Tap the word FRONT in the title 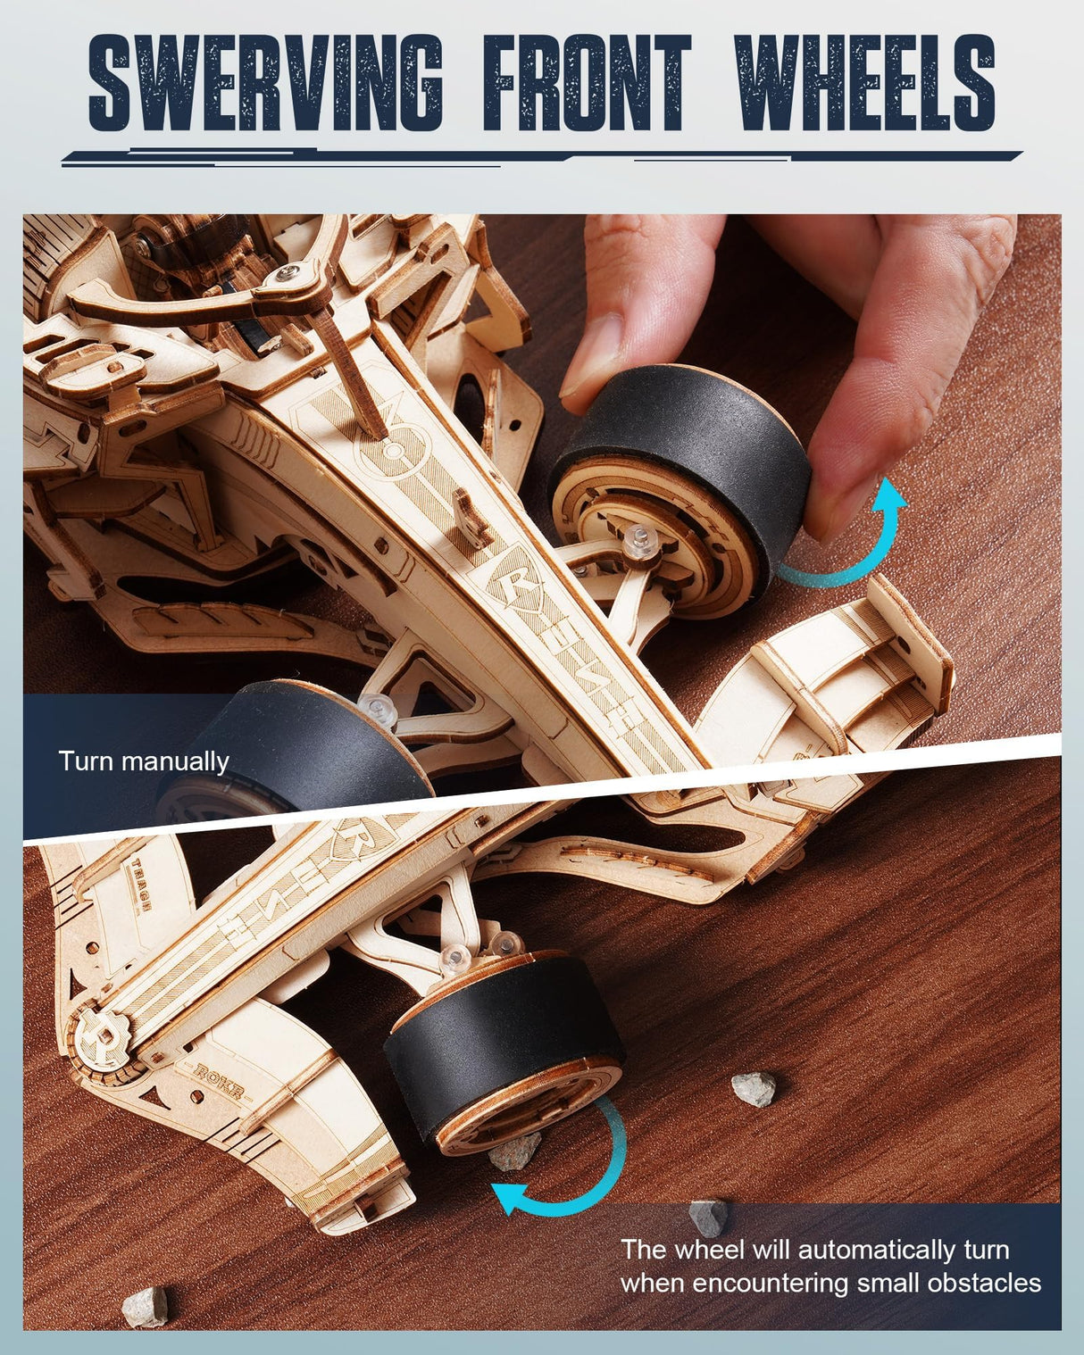tap(588, 82)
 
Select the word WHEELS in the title tap(864, 82)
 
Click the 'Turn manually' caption tap(144, 761)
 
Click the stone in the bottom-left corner tap(145, 1306)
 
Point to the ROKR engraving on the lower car tap(218, 1074)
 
